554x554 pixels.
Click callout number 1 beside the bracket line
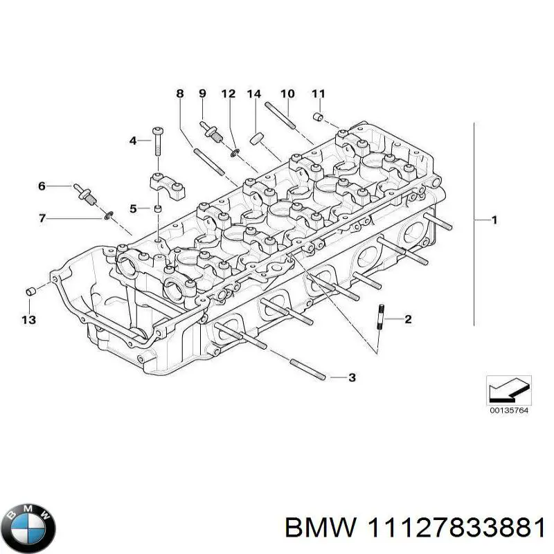(x=494, y=220)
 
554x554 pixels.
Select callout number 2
(x=408, y=319)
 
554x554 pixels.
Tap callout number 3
(x=352, y=377)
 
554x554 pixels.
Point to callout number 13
(x=29, y=320)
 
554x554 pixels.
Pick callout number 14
(x=254, y=94)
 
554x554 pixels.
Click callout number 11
(x=319, y=94)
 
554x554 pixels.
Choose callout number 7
(x=42, y=218)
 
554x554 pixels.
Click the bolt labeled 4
(x=157, y=141)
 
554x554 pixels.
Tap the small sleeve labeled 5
(x=159, y=209)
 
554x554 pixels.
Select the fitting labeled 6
(x=85, y=195)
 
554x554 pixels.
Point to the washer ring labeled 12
(x=235, y=153)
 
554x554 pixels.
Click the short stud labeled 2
(x=381, y=316)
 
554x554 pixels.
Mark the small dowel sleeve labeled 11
(x=319, y=116)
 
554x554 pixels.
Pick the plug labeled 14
(x=256, y=138)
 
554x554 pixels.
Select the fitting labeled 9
(x=211, y=132)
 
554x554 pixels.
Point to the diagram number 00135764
(x=509, y=411)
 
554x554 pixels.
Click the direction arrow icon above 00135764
(x=509, y=390)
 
